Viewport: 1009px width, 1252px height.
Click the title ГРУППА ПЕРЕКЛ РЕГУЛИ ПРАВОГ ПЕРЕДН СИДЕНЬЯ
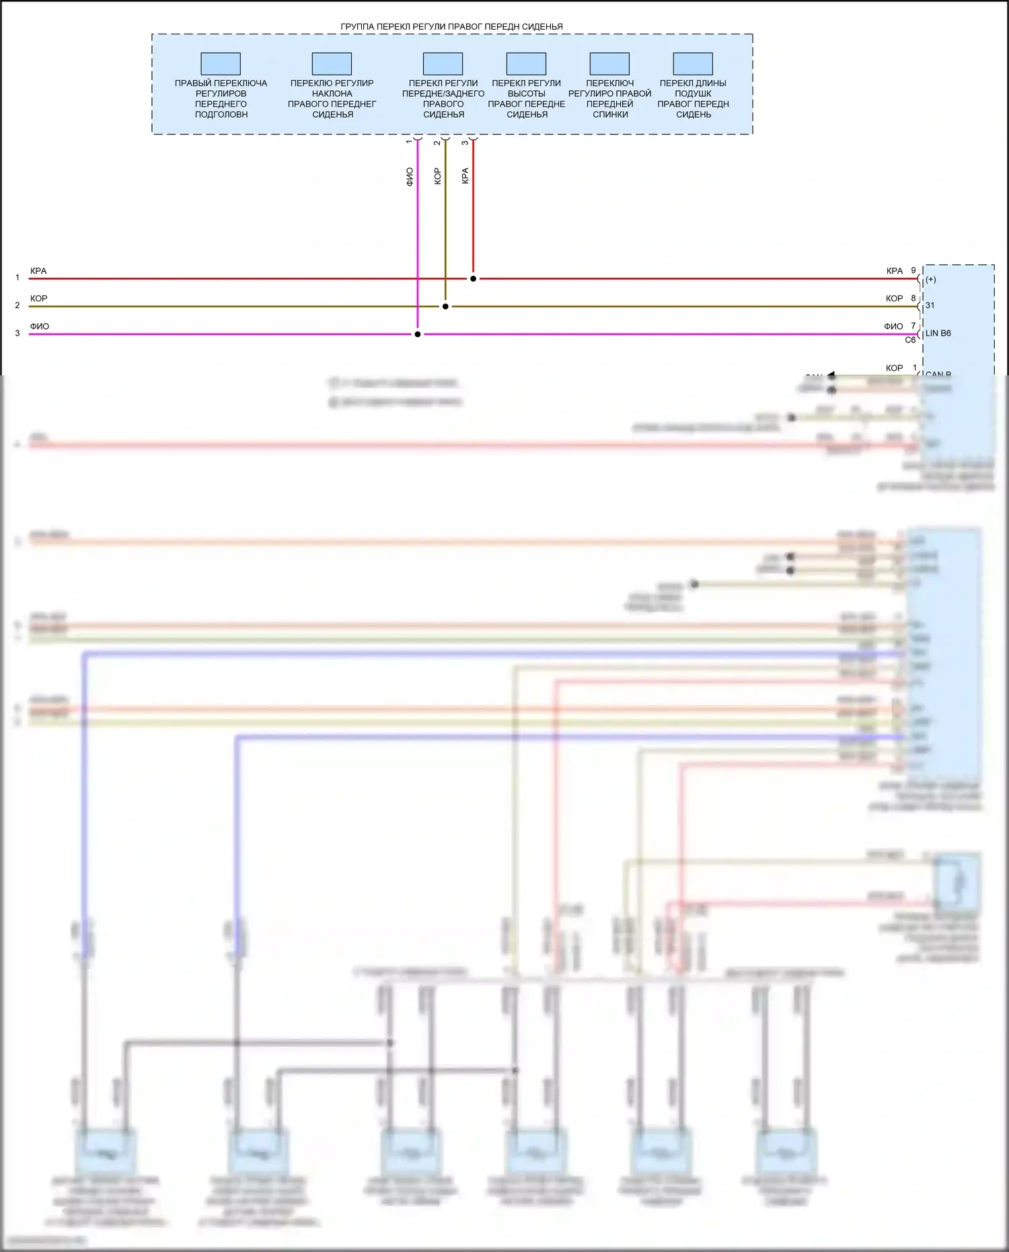[x=451, y=27]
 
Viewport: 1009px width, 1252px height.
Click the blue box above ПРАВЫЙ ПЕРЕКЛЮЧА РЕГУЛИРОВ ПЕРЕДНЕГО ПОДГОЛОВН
[x=221, y=64]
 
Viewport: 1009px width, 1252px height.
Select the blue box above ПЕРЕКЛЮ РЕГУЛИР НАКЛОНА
[x=332, y=64]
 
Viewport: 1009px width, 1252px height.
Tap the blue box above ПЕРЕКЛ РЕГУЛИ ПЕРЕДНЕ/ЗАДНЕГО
[x=443, y=64]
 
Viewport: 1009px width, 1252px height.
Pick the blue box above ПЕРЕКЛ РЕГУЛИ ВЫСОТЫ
[x=526, y=64]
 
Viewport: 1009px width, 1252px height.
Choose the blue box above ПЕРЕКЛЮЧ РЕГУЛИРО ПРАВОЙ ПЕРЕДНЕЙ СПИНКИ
[x=609, y=64]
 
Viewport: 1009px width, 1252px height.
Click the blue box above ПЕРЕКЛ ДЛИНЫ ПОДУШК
[x=693, y=64]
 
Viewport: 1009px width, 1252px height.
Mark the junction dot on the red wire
[x=474, y=279]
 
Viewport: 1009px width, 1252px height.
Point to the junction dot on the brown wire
[x=445, y=306]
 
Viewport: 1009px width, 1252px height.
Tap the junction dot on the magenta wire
[x=418, y=334]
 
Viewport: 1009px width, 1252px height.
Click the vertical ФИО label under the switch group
[x=410, y=177]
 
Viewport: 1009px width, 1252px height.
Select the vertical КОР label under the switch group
[x=437, y=176]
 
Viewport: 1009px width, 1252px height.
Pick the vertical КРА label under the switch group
[x=465, y=176]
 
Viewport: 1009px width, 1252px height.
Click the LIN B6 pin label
[x=938, y=333]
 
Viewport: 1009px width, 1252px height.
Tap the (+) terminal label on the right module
[x=931, y=279]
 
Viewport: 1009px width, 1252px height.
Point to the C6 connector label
[x=910, y=340]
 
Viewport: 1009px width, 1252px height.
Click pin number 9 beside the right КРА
[x=913, y=270]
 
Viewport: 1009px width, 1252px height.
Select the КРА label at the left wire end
[x=38, y=271]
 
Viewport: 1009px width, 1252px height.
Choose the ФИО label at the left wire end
[x=40, y=326]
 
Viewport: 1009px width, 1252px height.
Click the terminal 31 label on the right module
[x=930, y=305]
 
